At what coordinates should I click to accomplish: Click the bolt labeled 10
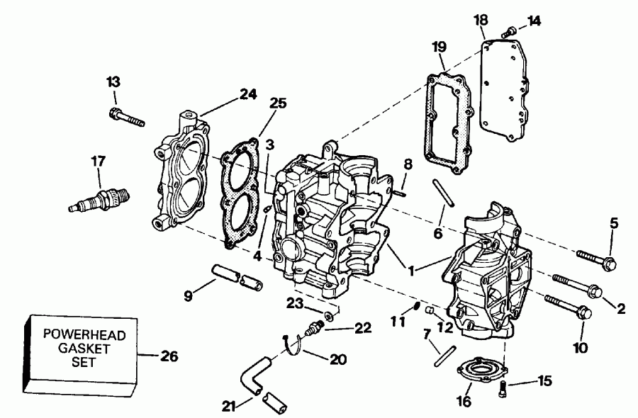[x=568, y=306]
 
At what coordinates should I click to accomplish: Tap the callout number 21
[x=228, y=406]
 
